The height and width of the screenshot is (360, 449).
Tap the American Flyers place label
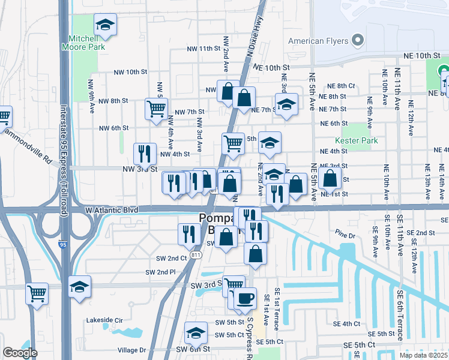(319, 41)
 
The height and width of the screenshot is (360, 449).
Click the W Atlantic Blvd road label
(112, 211)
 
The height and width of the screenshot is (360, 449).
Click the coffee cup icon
(244, 298)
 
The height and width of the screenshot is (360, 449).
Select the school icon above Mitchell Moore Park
(105, 25)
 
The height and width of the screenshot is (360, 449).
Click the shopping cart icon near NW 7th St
(156, 109)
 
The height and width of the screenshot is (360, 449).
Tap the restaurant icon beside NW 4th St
(145, 154)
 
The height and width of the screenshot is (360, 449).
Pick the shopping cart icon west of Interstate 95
(37, 294)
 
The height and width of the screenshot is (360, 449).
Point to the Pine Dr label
(346, 236)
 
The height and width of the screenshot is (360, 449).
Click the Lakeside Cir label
(105, 320)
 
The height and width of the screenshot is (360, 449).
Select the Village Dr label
(132, 350)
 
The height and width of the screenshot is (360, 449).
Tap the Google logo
(20, 353)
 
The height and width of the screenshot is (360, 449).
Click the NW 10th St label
(131, 72)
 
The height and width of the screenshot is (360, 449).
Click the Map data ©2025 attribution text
(423, 355)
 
